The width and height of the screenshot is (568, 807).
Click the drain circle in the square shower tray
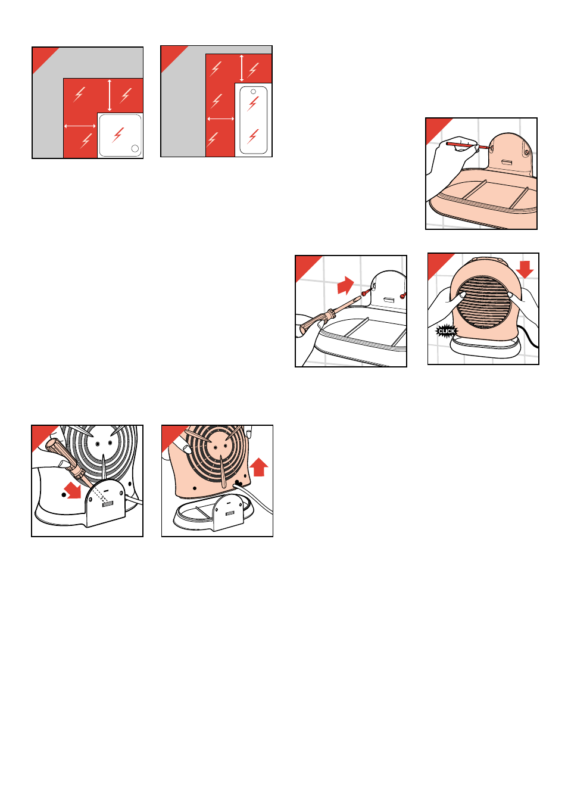point(135,148)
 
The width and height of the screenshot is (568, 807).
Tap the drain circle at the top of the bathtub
point(253,92)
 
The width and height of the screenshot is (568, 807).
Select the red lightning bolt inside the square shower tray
point(118,135)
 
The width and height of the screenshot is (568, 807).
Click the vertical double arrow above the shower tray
point(110,95)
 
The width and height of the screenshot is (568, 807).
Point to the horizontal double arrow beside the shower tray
point(80,126)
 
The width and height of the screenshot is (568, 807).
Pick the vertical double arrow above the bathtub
point(241,68)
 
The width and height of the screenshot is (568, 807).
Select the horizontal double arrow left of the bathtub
point(221,119)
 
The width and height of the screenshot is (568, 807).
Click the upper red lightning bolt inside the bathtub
point(253,104)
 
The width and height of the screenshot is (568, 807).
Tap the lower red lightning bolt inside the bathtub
point(253,136)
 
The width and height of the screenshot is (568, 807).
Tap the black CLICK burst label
point(447,331)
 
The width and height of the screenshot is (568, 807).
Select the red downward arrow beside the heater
point(525,269)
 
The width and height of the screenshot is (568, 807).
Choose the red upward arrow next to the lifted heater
point(258,467)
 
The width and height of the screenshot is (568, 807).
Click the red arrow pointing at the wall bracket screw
point(346,285)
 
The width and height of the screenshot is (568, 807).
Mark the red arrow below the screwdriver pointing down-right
point(73,491)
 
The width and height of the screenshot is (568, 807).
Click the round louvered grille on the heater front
point(483,302)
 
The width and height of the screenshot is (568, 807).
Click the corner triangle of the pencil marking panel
point(435,127)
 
